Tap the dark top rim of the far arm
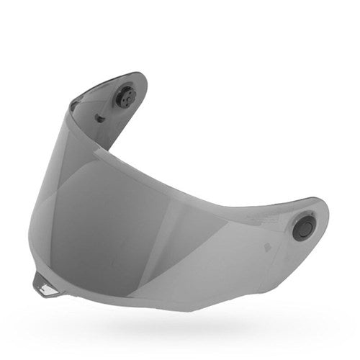pos(108,80)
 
